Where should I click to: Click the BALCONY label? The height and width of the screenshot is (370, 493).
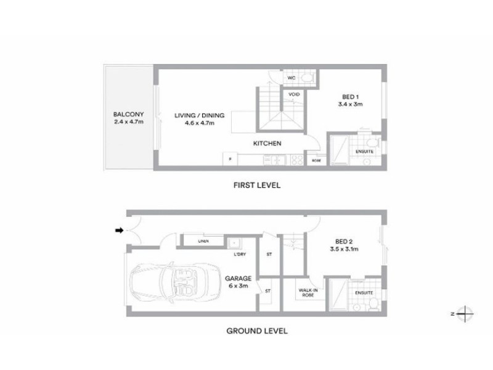point(128,114)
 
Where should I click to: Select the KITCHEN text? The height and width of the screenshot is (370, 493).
point(267,144)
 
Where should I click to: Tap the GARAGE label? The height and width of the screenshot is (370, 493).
point(238,278)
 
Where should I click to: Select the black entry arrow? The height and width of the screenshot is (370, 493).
point(119,231)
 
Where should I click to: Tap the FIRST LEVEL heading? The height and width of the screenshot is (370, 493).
point(256,184)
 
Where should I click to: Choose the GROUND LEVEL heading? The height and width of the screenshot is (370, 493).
point(256,331)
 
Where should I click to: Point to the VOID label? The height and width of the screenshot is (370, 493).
point(294,94)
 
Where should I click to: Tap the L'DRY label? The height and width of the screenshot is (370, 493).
point(240,255)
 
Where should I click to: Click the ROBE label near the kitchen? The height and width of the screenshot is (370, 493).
point(316,160)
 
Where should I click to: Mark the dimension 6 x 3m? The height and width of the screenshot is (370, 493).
point(238,286)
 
